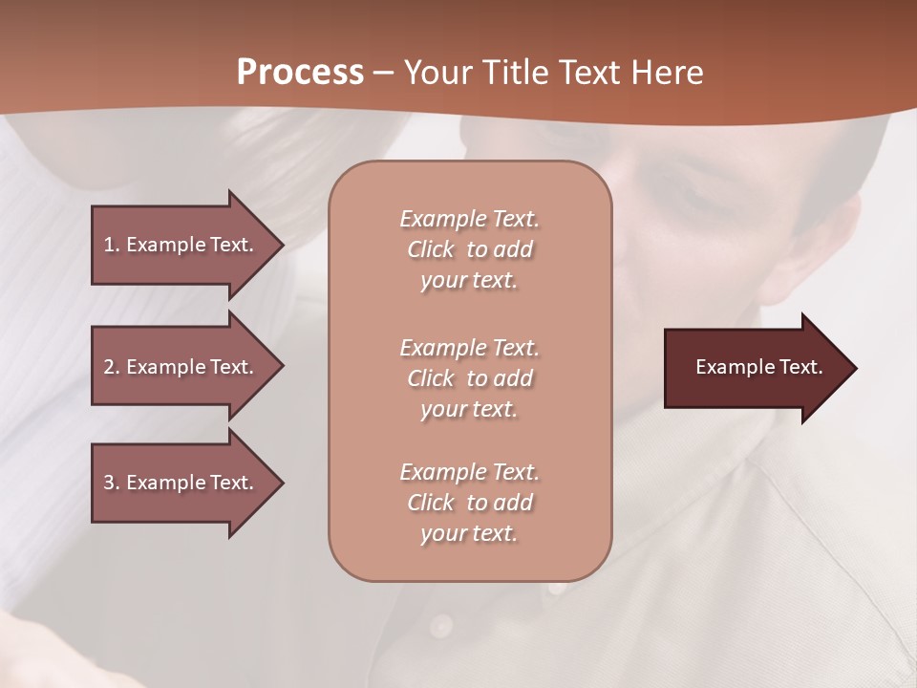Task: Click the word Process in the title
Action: click(x=300, y=73)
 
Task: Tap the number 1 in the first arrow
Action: click(x=109, y=245)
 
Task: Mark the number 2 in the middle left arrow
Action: click(x=109, y=367)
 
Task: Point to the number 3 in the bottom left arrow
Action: click(x=109, y=483)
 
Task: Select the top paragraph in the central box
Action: click(x=469, y=249)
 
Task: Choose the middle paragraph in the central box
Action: click(x=469, y=378)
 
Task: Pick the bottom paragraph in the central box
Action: click(x=469, y=503)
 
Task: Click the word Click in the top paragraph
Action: click(x=431, y=250)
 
